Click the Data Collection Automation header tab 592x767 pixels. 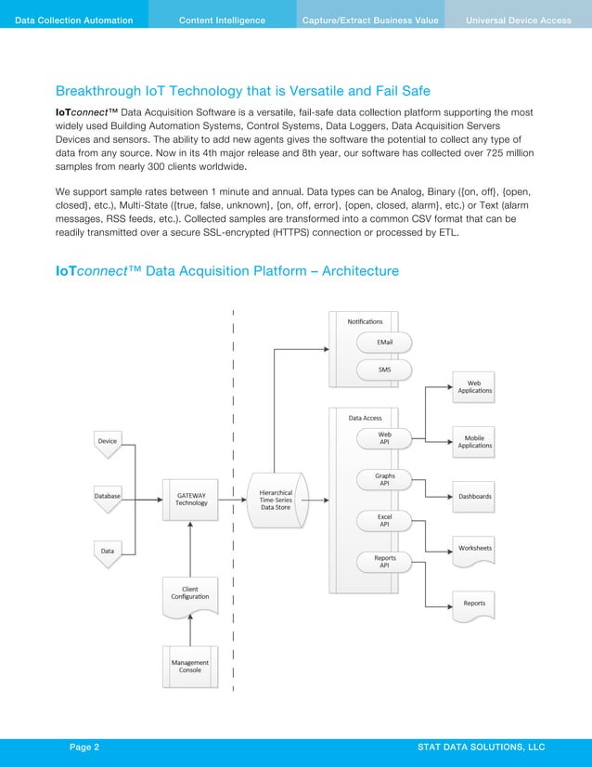[x=74, y=20]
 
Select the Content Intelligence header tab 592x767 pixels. [x=222, y=20]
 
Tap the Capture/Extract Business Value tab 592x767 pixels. [x=369, y=20]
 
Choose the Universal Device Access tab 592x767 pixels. [x=518, y=20]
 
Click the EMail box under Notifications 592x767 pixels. [x=384, y=343]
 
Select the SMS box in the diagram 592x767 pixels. [x=384, y=370]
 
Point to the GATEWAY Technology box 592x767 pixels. [x=190, y=500]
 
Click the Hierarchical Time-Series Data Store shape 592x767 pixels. [x=276, y=500]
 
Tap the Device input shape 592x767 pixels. [x=108, y=442]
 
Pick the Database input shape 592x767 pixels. [x=108, y=497]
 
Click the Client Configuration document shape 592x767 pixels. [x=190, y=594]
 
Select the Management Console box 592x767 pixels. [x=190, y=665]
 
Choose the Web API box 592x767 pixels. [x=384, y=438]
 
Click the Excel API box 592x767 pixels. [x=384, y=521]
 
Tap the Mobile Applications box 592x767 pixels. [x=475, y=441]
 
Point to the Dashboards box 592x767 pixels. [x=475, y=497]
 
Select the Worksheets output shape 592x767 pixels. [x=475, y=549]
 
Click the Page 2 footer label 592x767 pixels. [x=85, y=747]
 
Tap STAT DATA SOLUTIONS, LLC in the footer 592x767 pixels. [x=481, y=747]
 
